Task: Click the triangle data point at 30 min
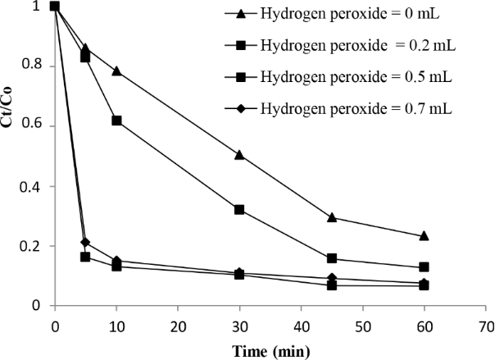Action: click(239, 154)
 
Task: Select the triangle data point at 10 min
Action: click(116, 71)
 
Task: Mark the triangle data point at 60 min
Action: click(424, 236)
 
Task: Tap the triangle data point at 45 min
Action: click(332, 217)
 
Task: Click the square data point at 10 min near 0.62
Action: click(116, 121)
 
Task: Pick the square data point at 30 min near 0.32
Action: click(239, 210)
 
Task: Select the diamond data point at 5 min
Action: click(86, 242)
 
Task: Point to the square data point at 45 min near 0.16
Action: click(332, 259)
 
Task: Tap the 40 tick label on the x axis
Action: click(300, 324)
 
